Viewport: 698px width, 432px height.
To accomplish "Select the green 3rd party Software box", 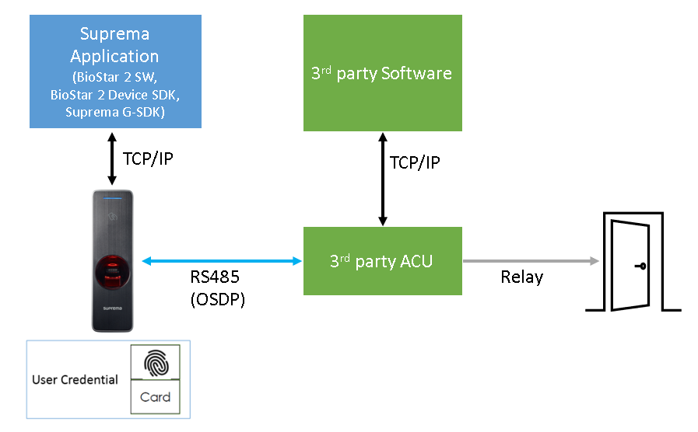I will [x=382, y=74].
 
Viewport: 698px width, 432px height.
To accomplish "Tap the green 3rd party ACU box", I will [x=382, y=261].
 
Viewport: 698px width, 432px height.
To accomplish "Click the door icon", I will [x=633, y=263].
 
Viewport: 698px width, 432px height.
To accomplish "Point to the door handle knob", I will [x=641, y=267].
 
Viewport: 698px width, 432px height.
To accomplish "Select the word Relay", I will [x=521, y=277].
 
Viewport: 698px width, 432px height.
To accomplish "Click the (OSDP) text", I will [x=217, y=300].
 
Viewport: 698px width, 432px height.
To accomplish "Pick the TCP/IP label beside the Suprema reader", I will [x=148, y=159].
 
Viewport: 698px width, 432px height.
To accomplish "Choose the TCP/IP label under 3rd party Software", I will [x=415, y=163].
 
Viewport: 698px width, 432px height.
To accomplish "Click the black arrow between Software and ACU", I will [x=382, y=179].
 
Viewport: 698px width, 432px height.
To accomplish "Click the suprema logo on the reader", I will [x=111, y=308].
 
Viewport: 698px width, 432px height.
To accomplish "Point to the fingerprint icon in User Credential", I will [x=155, y=362].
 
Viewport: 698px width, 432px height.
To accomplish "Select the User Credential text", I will [x=75, y=380].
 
